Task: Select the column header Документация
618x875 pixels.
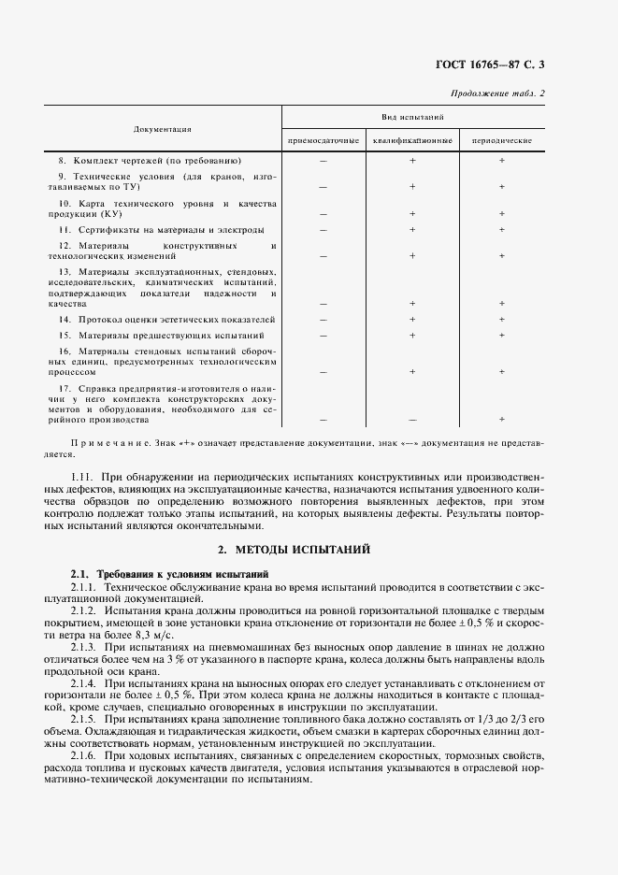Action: (x=163, y=129)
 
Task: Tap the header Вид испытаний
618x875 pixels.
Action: (x=412, y=118)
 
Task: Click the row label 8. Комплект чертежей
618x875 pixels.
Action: (x=151, y=161)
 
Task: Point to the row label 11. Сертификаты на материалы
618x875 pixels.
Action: (x=161, y=229)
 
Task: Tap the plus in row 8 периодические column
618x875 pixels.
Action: (x=502, y=161)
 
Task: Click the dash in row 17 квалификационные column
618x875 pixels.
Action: (x=412, y=420)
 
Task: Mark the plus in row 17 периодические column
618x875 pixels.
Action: (x=502, y=420)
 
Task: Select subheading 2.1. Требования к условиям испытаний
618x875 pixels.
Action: (x=171, y=572)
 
